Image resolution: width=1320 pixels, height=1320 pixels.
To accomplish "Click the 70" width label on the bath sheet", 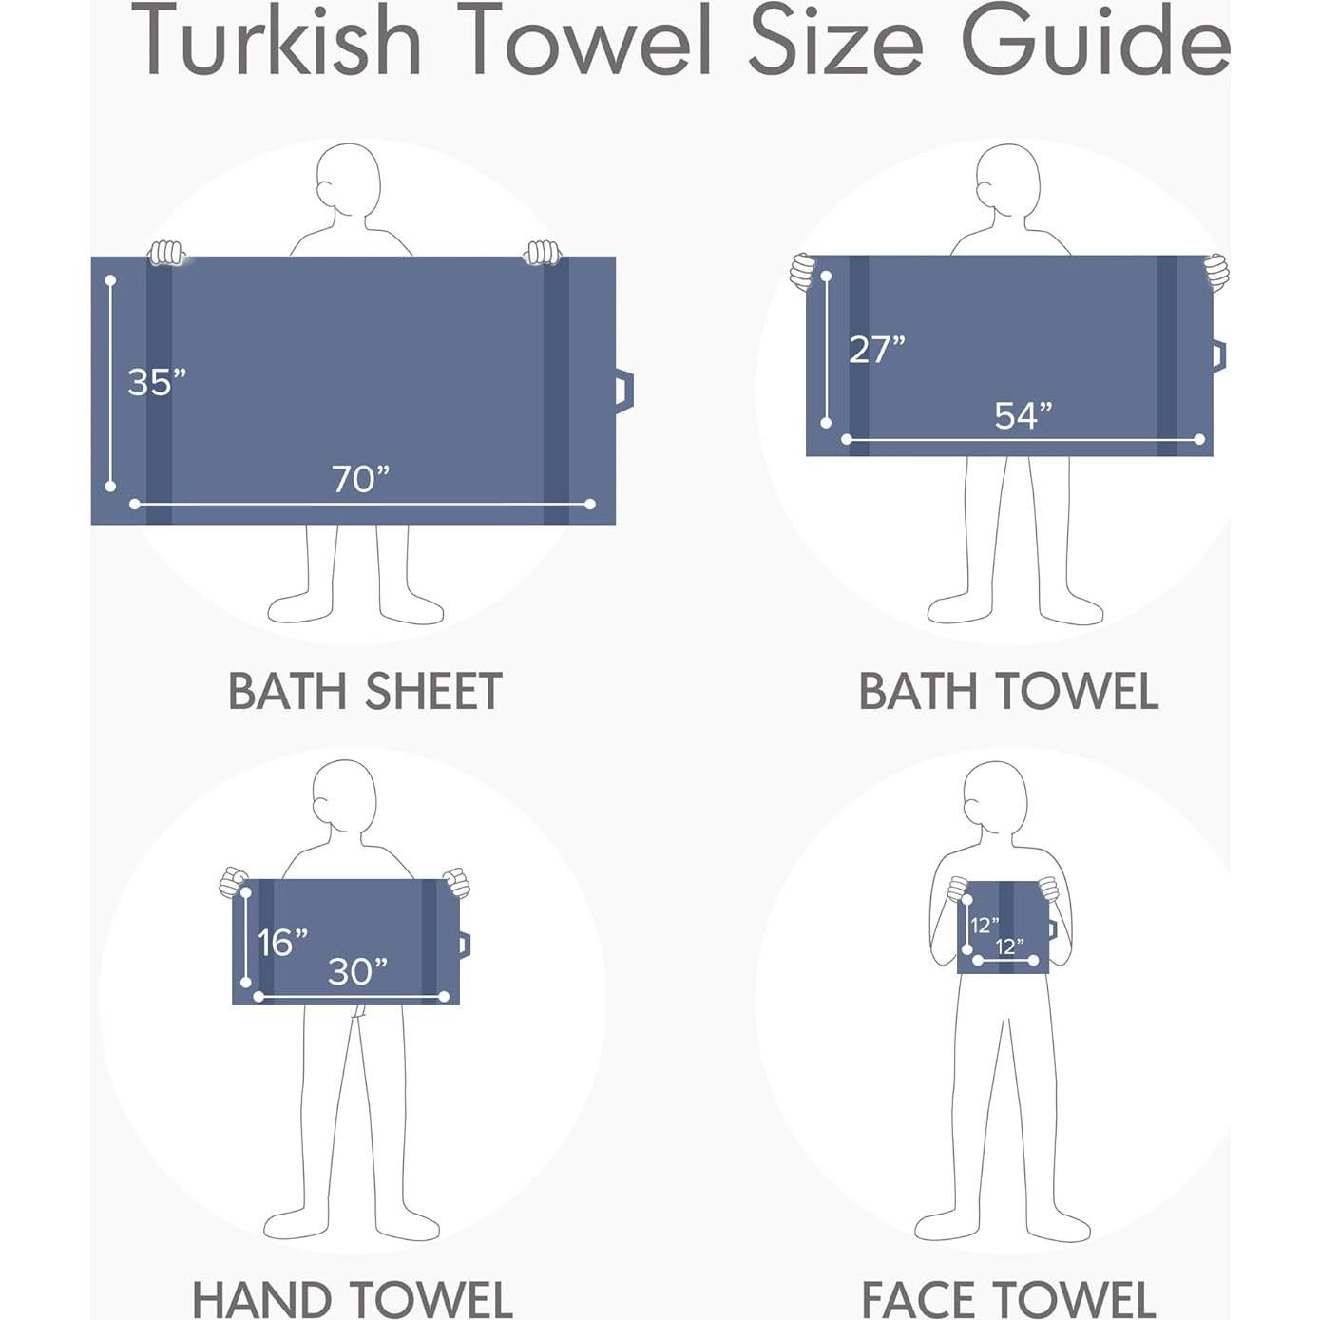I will pyautogui.click(x=360, y=479).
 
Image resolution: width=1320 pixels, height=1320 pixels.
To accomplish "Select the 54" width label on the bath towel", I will pyautogui.click(x=1023, y=415).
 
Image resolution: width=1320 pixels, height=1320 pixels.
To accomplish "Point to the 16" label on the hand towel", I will pyautogui.click(x=282, y=943).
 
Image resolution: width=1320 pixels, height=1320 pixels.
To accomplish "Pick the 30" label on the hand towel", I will pyautogui.click(x=357, y=971).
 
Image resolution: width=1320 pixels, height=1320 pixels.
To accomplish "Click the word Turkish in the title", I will pyautogui.click(x=277, y=42).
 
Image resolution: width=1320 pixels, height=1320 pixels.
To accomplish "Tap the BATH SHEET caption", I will pyautogui.click(x=365, y=691).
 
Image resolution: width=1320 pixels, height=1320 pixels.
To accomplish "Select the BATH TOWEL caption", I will pyautogui.click(x=1008, y=691).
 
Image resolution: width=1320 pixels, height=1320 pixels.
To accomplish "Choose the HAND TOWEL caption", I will pyautogui.click(x=353, y=1299).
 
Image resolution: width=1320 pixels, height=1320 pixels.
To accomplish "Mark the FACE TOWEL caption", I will pyautogui.click(x=1008, y=1299).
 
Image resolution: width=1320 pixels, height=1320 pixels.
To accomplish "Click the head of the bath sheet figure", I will pyautogui.click(x=349, y=181).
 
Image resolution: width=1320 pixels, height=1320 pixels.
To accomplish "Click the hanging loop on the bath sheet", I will pyautogui.click(x=623, y=391).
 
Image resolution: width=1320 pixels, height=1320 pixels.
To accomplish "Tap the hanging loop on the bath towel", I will pyautogui.click(x=1218, y=356).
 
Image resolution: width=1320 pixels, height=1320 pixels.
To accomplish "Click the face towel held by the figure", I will pyautogui.click(x=1003, y=927).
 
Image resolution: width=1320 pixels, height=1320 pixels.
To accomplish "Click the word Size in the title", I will pyautogui.click(x=836, y=42).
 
